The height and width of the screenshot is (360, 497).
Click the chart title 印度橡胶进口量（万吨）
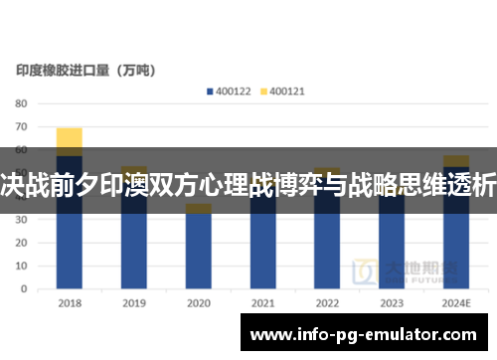(91, 71)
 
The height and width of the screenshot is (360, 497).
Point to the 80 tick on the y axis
(21, 103)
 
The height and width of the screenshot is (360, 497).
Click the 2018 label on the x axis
(70, 302)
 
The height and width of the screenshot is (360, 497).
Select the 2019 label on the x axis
(134, 302)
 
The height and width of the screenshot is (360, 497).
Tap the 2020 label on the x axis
(199, 302)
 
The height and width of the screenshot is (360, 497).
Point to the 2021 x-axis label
(262, 302)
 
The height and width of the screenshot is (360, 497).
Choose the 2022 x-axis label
(327, 302)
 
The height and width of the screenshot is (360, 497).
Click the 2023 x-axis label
(392, 302)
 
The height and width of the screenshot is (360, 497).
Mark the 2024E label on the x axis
(456, 302)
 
